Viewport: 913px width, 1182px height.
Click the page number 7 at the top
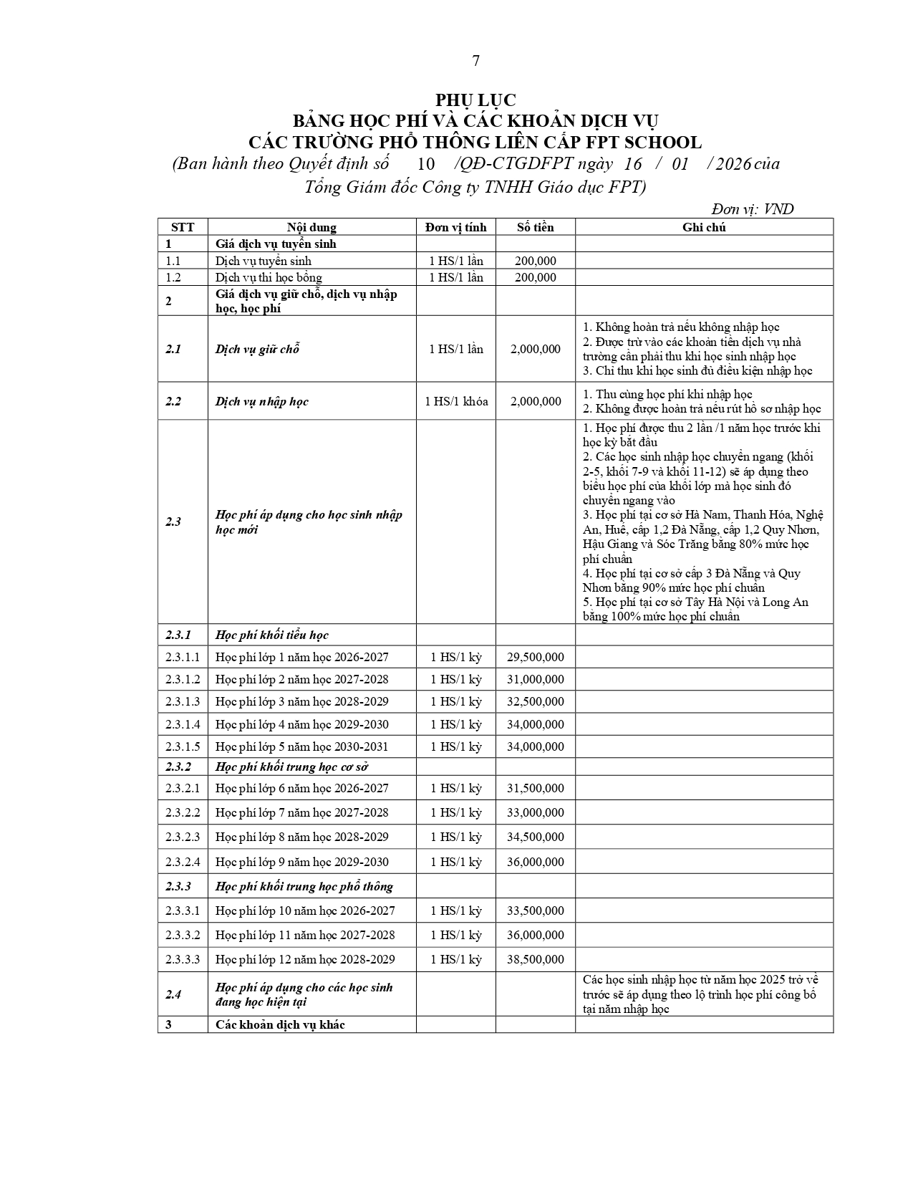point(475,61)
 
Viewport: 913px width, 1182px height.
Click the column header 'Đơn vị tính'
point(455,227)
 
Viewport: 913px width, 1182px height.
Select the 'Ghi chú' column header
point(704,227)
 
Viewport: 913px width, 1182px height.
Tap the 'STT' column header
point(183,227)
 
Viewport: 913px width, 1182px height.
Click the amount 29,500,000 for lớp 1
point(535,657)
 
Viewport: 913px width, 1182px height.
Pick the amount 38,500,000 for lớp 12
point(535,959)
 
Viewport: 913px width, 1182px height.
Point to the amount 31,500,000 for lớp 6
point(535,788)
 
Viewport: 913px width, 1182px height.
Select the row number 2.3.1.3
point(183,701)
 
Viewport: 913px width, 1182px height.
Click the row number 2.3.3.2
point(183,935)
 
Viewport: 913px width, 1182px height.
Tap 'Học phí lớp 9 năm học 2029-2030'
point(301,862)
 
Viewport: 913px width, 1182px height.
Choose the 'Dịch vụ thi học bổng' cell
point(269,277)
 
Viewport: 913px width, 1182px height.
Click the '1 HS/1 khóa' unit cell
point(456,401)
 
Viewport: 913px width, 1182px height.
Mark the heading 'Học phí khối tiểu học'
point(272,635)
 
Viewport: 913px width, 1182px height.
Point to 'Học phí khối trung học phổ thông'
point(304,886)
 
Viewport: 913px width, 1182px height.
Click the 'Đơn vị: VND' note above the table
point(752,209)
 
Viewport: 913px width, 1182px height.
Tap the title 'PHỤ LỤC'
point(475,100)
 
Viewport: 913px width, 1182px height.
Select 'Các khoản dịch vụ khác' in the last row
point(280,1024)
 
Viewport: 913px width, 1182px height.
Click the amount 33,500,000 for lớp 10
point(535,910)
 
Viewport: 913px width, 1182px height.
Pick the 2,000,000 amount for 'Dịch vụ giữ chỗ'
point(535,349)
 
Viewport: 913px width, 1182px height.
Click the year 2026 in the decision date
point(733,164)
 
